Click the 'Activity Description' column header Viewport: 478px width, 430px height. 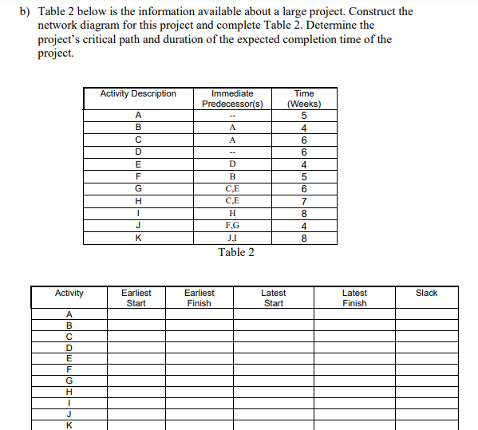[138, 94]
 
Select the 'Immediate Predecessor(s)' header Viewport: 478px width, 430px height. [232, 99]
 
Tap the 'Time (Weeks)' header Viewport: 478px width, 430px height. [303, 99]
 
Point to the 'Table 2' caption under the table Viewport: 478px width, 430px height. [236, 253]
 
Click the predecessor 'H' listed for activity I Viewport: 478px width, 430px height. [232, 213]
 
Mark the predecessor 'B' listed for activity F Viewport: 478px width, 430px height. [232, 176]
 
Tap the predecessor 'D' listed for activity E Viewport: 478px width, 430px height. [232, 164]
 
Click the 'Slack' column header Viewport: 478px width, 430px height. [426, 294]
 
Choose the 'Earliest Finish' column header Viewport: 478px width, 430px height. [199, 298]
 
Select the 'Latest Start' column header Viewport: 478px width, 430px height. [273, 298]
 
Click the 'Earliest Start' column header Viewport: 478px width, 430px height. [136, 298]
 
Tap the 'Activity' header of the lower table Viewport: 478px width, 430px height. [69, 294]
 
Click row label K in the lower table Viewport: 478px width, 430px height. [69, 425]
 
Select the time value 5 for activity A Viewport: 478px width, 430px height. [303, 114]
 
